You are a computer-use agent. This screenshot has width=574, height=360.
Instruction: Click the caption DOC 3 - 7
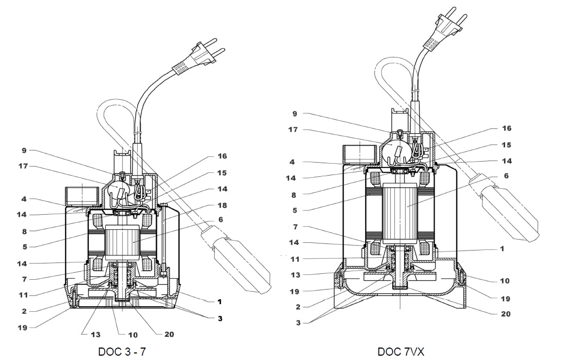tap(122, 351)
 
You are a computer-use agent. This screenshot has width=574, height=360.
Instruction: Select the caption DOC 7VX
tap(401, 351)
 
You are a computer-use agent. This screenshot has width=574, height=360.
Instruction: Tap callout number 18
tap(221, 205)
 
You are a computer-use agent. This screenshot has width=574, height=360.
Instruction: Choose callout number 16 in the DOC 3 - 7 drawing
tap(221, 156)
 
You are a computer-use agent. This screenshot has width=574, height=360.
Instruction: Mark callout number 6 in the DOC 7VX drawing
tap(506, 176)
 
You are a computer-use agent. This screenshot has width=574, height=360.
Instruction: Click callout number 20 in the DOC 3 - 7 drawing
tap(169, 335)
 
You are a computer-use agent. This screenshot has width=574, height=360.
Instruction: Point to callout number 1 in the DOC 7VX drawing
tap(502, 249)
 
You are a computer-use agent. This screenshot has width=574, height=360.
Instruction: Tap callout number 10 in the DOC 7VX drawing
tap(505, 281)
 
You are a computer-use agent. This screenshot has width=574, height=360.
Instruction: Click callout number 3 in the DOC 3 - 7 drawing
tap(220, 319)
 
